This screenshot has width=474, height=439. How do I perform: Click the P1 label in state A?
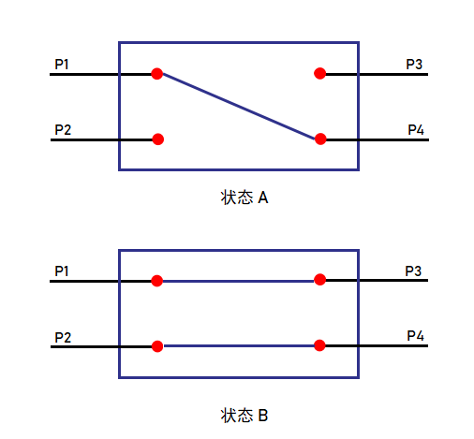(x=62, y=65)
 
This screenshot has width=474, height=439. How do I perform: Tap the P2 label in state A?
(x=63, y=129)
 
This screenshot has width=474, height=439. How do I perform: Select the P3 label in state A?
(x=414, y=65)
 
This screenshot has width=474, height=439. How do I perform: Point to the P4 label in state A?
(x=416, y=129)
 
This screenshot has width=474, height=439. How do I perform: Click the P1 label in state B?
(x=62, y=271)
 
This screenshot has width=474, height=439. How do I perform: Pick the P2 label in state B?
(x=63, y=337)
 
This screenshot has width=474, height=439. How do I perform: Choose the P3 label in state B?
(x=413, y=271)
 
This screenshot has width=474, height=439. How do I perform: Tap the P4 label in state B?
(x=415, y=336)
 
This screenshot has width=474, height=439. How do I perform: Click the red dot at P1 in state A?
(x=157, y=74)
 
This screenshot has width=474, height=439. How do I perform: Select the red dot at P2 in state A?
(x=158, y=139)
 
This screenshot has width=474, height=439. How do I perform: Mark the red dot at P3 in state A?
(x=320, y=73)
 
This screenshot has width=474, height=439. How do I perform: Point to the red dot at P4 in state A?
(x=320, y=139)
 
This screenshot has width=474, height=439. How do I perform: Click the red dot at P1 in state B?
(x=157, y=281)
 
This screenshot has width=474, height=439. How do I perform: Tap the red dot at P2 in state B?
(x=157, y=346)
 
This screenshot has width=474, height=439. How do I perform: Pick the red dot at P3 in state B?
(x=320, y=280)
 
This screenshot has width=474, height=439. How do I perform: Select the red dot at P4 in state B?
(x=319, y=345)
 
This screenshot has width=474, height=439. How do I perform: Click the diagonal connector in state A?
(x=239, y=107)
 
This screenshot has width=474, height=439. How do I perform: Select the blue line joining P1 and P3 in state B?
(x=239, y=281)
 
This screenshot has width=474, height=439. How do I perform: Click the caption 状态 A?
(x=244, y=198)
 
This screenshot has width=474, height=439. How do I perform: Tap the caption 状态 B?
(x=244, y=416)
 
